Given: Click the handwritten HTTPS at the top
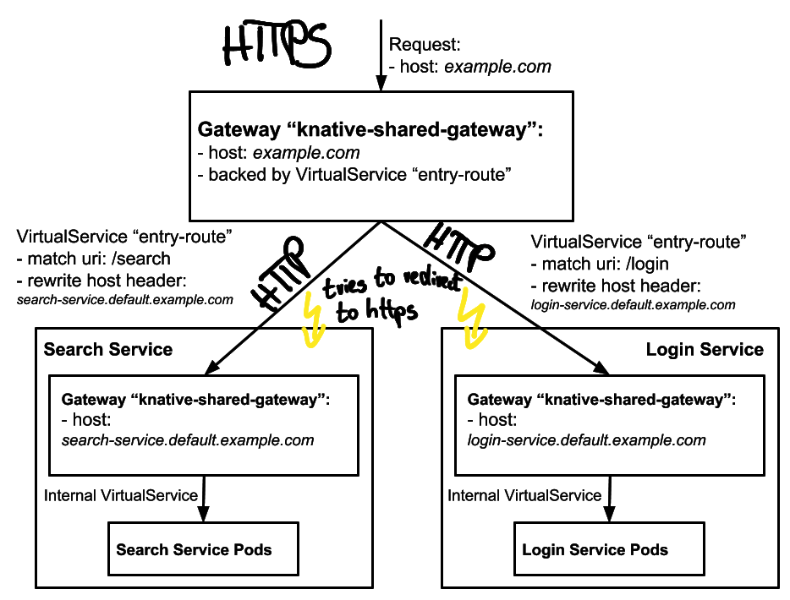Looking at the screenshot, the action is [277, 44].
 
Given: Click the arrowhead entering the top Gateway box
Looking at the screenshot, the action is [381, 83].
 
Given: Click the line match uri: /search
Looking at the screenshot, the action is [94, 259].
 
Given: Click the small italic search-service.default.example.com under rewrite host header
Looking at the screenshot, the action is [125, 300].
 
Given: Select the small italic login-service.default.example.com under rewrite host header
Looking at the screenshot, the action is [634, 305].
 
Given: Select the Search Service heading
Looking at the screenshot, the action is [108, 349].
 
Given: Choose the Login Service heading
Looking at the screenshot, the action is [705, 349].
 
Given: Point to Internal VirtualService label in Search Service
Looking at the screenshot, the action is [121, 495].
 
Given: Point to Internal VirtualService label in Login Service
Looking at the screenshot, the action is [524, 495].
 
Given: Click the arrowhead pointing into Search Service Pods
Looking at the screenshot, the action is [203, 514].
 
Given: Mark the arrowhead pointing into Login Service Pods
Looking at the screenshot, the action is [609, 514].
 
